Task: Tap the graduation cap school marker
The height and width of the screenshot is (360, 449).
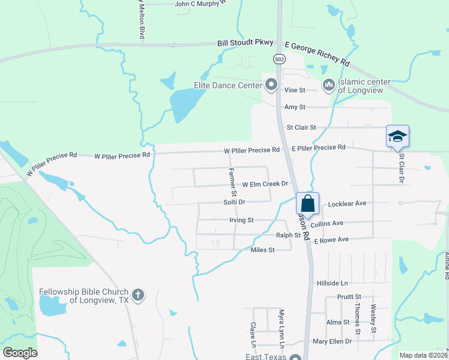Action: tap(397, 137)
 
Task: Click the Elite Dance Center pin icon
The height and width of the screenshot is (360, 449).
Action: tap(271, 85)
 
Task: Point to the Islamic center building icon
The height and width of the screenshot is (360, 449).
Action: tap(328, 86)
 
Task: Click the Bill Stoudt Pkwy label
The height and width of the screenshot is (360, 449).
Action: tap(245, 43)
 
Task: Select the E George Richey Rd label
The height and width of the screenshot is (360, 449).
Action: tap(317, 54)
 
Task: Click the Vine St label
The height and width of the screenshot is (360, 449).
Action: tap(295, 90)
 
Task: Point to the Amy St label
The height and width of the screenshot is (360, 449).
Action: tap(295, 107)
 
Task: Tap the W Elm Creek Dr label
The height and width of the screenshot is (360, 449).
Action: tap(265, 184)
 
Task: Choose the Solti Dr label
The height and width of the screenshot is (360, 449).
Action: tap(235, 202)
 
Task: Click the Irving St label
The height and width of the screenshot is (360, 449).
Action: tap(242, 220)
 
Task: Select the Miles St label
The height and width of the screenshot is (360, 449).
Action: tap(262, 250)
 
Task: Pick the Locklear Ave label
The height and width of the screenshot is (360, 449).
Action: tap(347, 204)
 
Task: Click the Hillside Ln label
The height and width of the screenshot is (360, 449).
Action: tap(333, 283)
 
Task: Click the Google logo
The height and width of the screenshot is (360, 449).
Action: tap(20, 353)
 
